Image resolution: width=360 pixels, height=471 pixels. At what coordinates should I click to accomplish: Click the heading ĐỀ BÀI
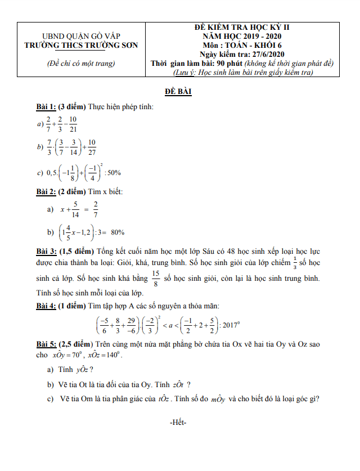pyautogui.click(x=178, y=92)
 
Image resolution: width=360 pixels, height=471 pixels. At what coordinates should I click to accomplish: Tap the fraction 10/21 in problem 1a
pyautogui.click(x=73, y=123)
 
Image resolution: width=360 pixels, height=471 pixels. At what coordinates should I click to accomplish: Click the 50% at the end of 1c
pyautogui.click(x=114, y=173)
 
